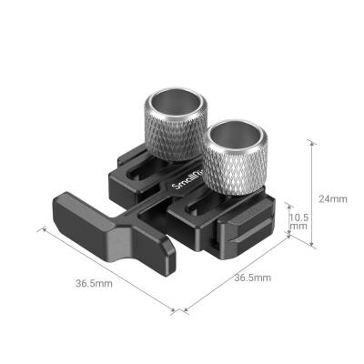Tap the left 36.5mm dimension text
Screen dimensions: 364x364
click(x=96, y=283)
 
